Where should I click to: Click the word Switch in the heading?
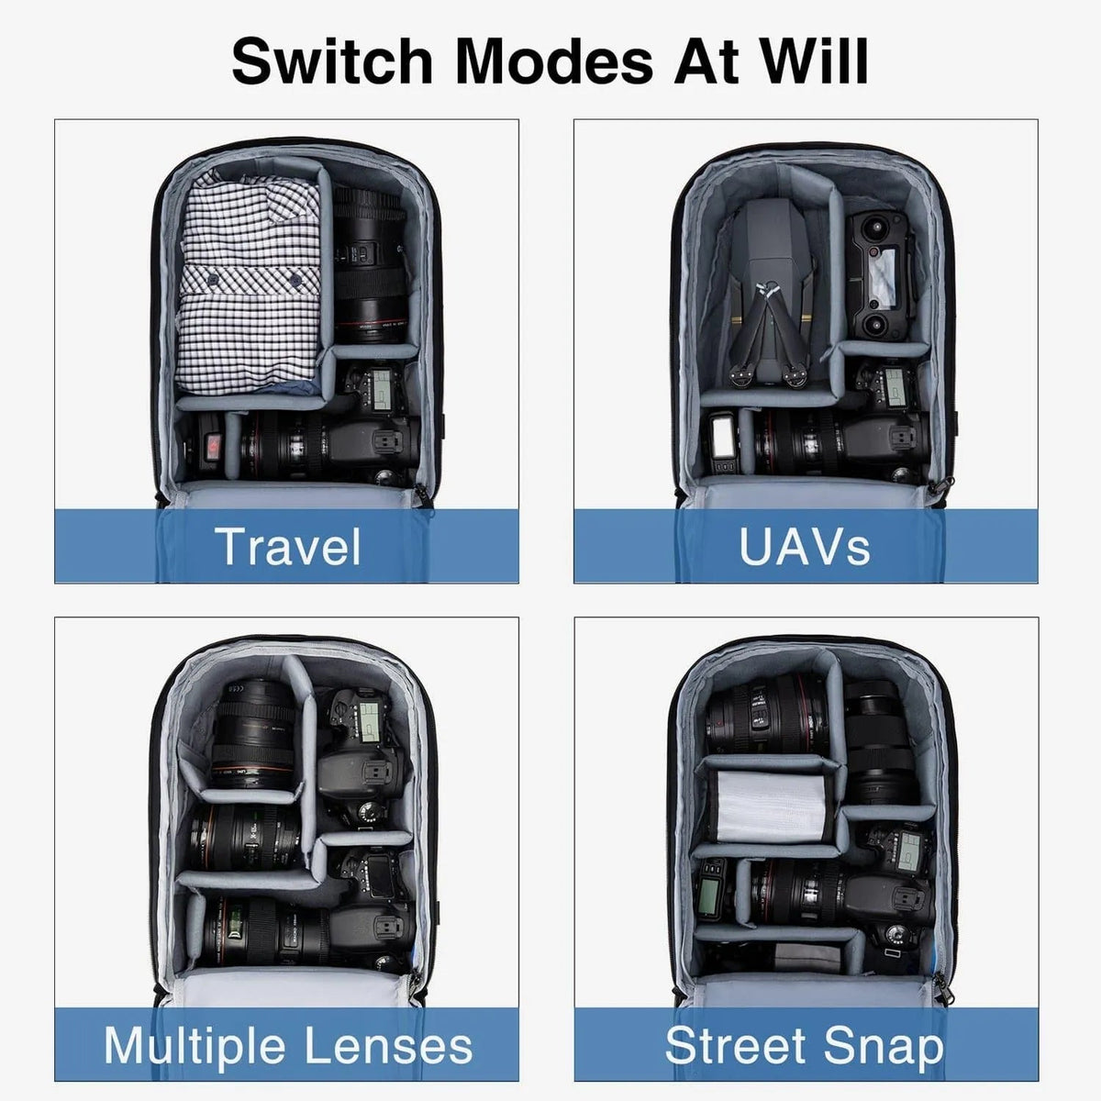point(331,61)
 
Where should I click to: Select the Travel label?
point(287,547)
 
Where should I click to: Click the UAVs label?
point(805,547)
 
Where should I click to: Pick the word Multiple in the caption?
point(195,1046)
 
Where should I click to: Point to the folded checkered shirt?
point(249,283)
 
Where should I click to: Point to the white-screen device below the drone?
point(723,443)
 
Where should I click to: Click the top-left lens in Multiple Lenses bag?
point(254,734)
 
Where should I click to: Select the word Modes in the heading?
point(553,61)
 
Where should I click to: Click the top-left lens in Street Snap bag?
point(767,713)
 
